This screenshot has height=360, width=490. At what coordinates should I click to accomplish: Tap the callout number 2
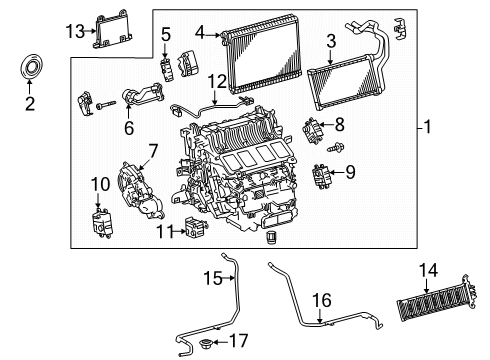click(29, 103)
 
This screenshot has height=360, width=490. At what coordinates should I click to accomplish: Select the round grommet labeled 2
click(29, 69)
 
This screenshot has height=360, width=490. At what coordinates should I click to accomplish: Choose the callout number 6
click(129, 127)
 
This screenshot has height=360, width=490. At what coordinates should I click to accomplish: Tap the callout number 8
click(339, 124)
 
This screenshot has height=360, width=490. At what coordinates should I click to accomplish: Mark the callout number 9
click(349, 173)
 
